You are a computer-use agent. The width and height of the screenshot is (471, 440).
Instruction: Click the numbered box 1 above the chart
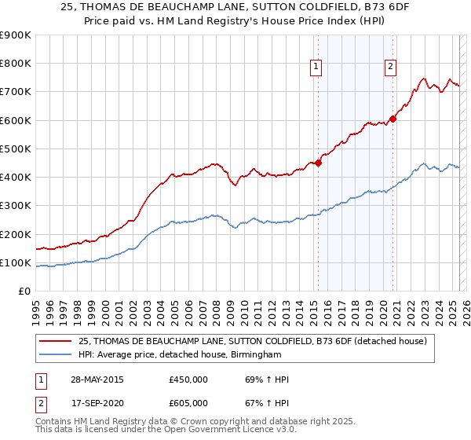[316, 68]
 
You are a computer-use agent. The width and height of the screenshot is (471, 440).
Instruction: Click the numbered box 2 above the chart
[390, 68]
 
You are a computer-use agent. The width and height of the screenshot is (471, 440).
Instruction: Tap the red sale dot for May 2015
[319, 163]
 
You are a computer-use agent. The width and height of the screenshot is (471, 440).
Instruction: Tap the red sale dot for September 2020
[392, 119]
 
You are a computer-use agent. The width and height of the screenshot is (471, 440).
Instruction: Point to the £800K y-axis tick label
[16, 64]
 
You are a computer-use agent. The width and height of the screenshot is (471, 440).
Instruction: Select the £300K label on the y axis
[16, 206]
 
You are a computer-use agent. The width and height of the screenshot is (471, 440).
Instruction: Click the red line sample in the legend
[57, 341]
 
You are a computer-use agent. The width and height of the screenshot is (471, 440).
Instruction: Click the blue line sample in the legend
[57, 355]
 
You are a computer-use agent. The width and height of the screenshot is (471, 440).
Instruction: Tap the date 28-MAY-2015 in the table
[97, 380]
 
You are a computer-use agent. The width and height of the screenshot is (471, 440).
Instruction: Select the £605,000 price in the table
[188, 403]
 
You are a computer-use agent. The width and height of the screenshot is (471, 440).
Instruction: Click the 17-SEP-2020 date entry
[97, 403]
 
